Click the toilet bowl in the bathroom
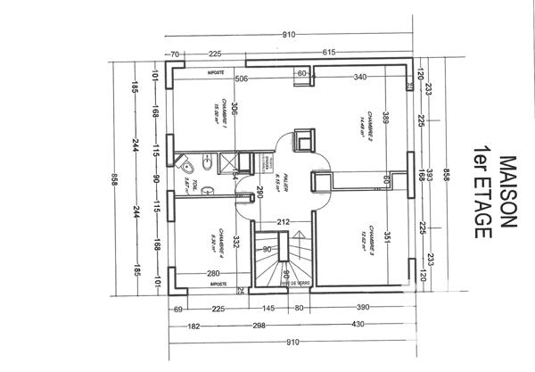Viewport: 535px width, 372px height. (x=187, y=166)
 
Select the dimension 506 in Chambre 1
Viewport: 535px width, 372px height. (x=241, y=79)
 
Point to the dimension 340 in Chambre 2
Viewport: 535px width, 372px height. (x=361, y=79)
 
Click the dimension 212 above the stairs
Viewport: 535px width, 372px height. (x=284, y=221)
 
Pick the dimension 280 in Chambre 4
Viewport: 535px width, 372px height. (x=213, y=274)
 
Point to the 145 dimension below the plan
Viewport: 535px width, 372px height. (x=268, y=309)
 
